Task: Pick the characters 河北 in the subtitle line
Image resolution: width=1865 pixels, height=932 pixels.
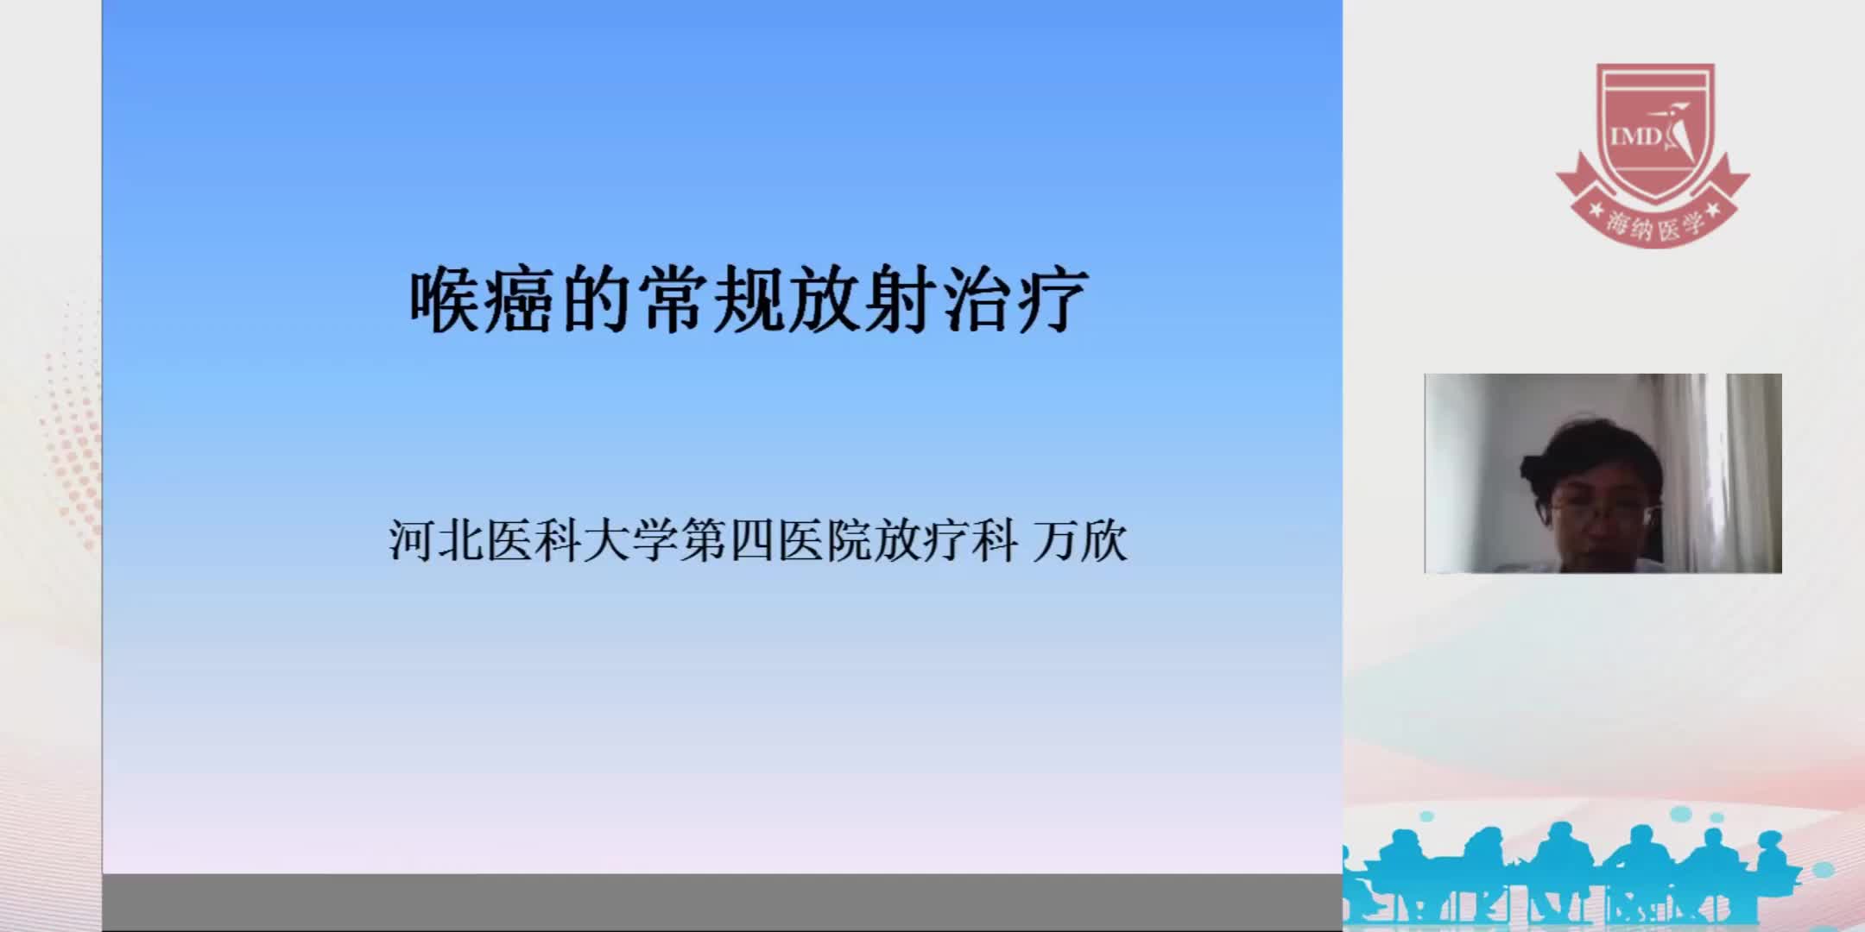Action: [436, 542]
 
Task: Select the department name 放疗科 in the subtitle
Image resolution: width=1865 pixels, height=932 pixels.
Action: [945, 542]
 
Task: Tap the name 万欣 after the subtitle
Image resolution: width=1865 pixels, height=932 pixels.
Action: [1080, 542]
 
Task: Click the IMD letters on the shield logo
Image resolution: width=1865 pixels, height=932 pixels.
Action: [1635, 136]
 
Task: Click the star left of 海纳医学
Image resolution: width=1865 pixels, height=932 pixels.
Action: [1596, 211]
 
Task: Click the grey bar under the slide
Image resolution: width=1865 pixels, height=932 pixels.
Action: [722, 902]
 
